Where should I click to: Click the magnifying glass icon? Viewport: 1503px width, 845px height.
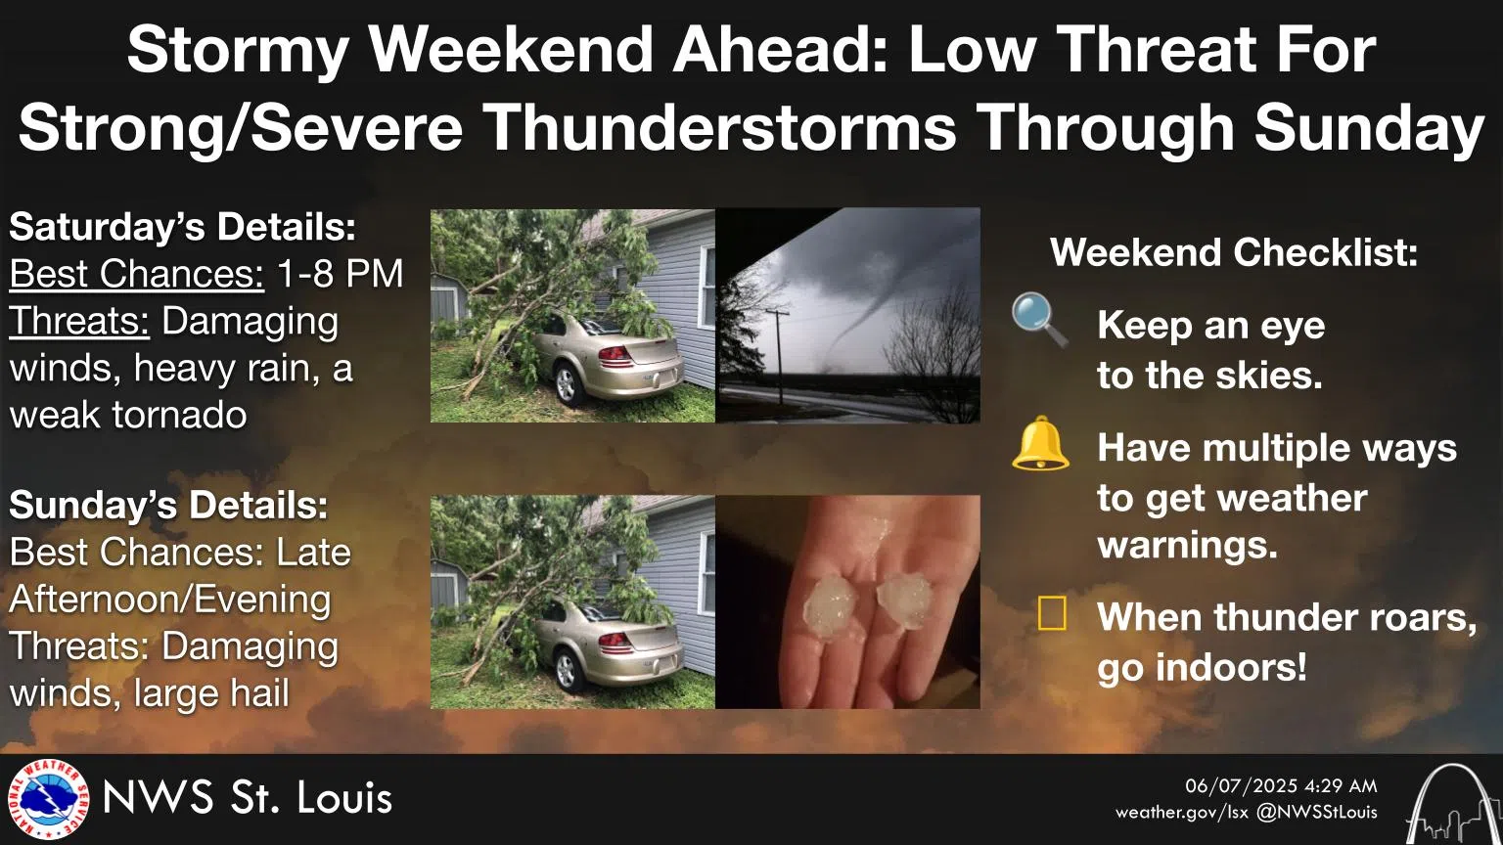coord(1038,319)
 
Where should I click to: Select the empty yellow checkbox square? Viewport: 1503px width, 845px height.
coord(1052,614)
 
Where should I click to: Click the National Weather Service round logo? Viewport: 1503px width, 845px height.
coord(47,800)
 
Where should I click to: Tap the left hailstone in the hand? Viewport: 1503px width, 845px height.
coord(830,603)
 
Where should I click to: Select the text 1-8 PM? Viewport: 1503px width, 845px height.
coord(340,274)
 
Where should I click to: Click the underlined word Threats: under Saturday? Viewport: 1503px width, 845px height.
coord(79,321)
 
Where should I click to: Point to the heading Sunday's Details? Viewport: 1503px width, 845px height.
coord(168,505)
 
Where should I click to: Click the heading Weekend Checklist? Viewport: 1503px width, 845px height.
coord(1233,252)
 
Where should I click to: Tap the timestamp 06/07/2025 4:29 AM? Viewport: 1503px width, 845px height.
coord(1280,785)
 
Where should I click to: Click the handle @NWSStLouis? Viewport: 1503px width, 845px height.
coord(1317,812)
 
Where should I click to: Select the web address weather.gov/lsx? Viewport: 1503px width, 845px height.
coord(1181,812)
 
